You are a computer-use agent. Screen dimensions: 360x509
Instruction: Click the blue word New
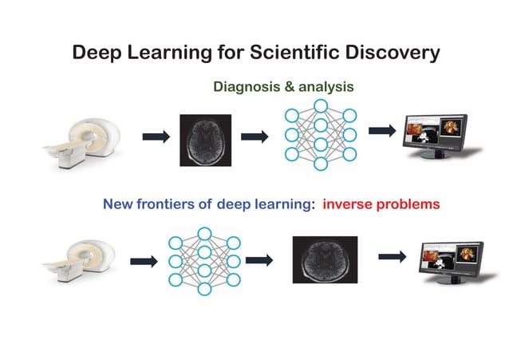[117, 204]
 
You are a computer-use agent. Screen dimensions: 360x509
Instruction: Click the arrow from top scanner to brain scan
[156, 137]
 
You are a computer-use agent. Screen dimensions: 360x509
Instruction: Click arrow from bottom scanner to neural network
[143, 261]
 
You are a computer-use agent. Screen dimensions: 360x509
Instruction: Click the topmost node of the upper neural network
[321, 105]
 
